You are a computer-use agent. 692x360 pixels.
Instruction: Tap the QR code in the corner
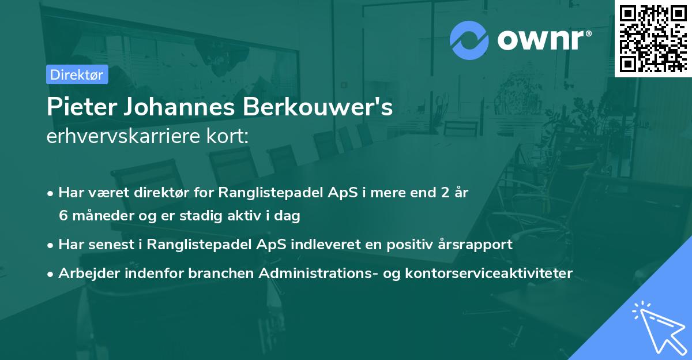(x=652, y=38)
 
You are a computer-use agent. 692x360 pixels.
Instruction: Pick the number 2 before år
(x=445, y=193)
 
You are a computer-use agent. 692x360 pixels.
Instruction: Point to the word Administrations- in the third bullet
(x=309, y=273)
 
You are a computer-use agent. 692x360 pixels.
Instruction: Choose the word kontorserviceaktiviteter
(x=499, y=273)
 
